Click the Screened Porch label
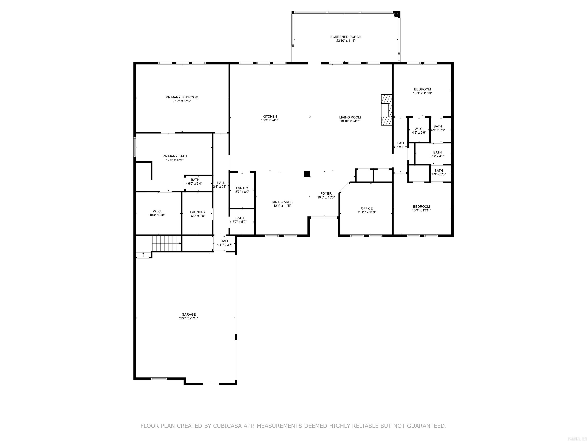pyautogui.click(x=345, y=37)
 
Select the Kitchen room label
pyautogui.click(x=270, y=116)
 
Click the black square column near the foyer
pyautogui.click(x=307, y=174)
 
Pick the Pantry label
pyautogui.click(x=242, y=188)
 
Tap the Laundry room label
pyautogui.click(x=198, y=212)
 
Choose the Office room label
pyautogui.click(x=367, y=208)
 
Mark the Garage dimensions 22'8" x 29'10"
pyautogui.click(x=188, y=318)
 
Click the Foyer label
pyautogui.click(x=326, y=194)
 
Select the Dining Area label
pyautogui.click(x=282, y=202)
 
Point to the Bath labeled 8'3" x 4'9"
pyautogui.click(x=437, y=154)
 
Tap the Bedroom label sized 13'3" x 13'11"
pyautogui.click(x=421, y=207)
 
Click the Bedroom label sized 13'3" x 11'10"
pyautogui.click(x=422, y=89)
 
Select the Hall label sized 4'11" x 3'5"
pyautogui.click(x=225, y=241)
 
